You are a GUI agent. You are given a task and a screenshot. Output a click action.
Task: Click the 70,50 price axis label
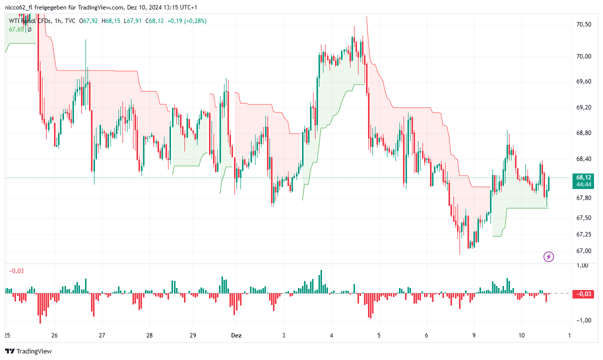584,24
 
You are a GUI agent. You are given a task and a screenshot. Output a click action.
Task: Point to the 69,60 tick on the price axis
584,81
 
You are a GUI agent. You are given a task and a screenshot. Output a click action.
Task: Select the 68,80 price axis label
584,133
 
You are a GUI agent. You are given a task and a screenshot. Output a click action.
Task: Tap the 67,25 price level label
584,234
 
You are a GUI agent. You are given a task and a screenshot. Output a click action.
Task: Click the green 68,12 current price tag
584,177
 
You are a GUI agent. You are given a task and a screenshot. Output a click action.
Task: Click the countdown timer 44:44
584,184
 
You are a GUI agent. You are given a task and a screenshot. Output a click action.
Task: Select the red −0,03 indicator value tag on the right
584,294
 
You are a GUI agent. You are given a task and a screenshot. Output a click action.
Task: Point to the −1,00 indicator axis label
583,320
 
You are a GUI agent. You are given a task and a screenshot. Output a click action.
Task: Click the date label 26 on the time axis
54,335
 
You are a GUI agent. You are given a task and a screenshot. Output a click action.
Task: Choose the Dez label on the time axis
236,335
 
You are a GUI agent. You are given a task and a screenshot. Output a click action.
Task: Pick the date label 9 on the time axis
474,335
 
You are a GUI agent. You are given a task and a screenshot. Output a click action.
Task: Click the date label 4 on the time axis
331,335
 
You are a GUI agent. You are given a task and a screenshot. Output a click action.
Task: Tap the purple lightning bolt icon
548,257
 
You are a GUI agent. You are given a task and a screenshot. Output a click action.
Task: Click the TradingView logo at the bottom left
28,351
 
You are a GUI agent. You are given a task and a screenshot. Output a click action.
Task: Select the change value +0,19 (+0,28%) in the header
186,21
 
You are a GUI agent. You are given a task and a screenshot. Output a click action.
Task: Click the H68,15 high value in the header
111,21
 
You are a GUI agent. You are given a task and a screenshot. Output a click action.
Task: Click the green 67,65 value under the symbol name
16,29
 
